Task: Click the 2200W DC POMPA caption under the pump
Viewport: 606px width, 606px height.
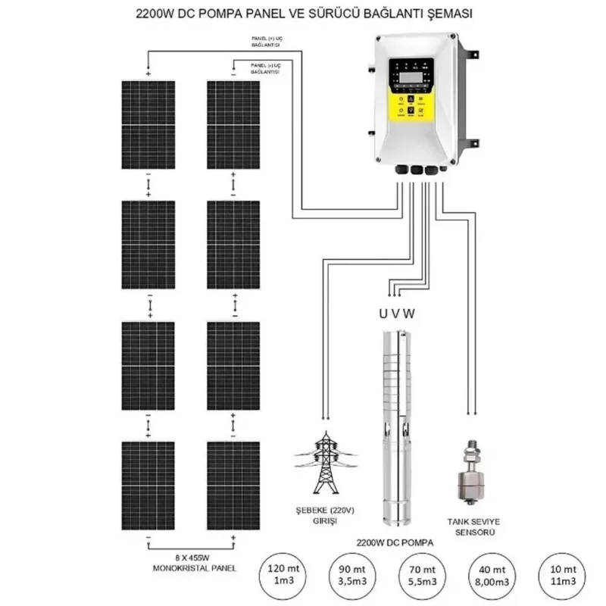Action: (x=398, y=542)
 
